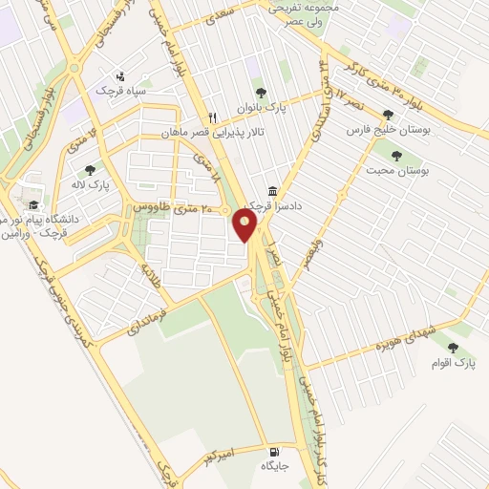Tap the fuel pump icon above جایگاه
(x=275, y=451)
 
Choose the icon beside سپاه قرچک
(x=119, y=75)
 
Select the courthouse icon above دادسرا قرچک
(x=273, y=191)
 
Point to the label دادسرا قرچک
(x=266, y=206)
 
